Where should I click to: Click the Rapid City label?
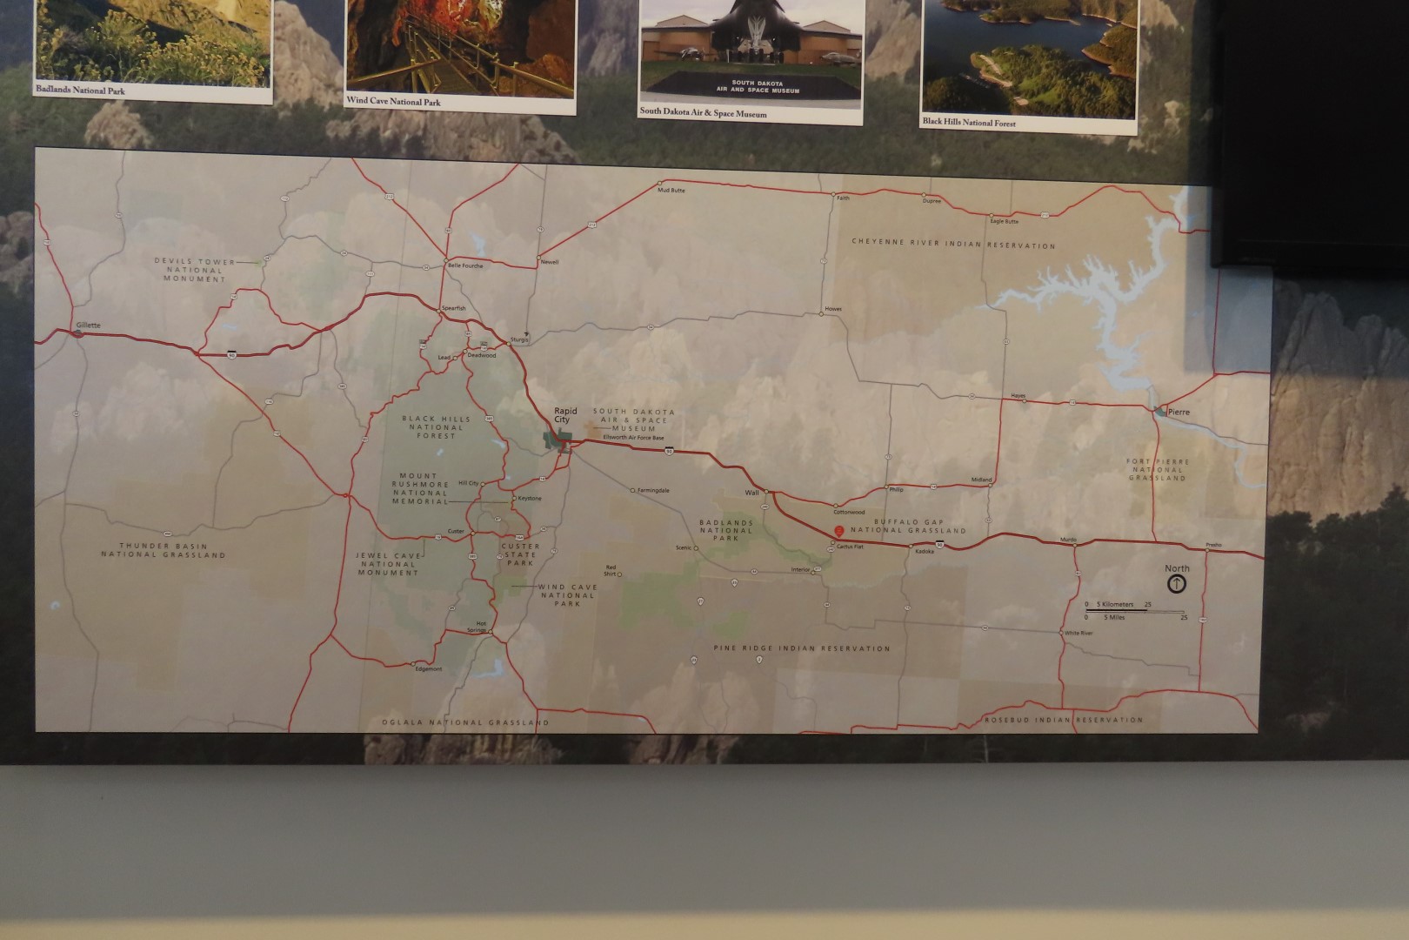(x=565, y=415)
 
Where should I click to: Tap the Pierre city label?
(x=1179, y=412)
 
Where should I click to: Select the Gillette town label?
(x=88, y=326)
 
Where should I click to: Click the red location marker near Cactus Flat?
(x=838, y=531)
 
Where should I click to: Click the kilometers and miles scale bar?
(x=1135, y=610)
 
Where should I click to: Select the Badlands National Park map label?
(x=726, y=530)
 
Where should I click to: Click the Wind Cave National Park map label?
(x=567, y=594)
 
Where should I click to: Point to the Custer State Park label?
(x=520, y=554)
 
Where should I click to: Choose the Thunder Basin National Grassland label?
(x=163, y=549)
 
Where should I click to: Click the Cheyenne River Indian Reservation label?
(x=953, y=244)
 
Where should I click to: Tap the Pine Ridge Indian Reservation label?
(x=802, y=648)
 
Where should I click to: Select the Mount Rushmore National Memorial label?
(x=420, y=489)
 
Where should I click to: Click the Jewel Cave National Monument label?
(x=388, y=563)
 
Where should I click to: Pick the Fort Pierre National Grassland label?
(x=1158, y=470)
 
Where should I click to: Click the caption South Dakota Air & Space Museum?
(x=703, y=112)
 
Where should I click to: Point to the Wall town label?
(x=751, y=493)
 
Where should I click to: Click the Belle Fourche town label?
(x=464, y=265)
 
